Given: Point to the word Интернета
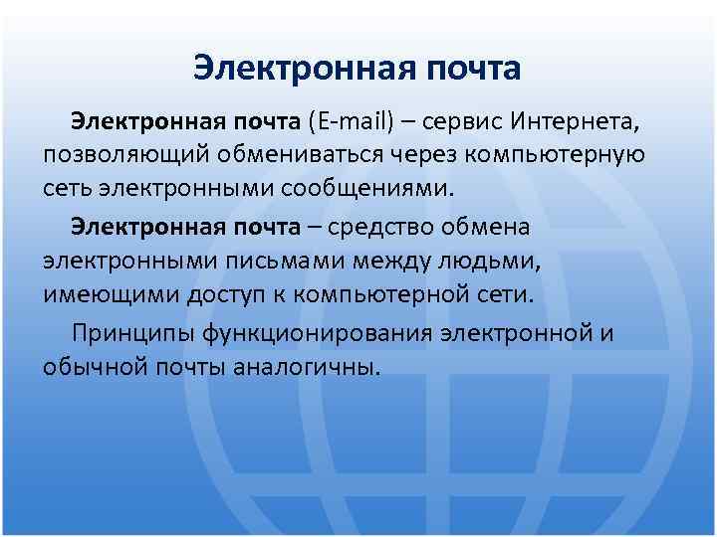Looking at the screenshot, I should point(578,121).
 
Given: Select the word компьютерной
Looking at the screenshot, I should point(396,295).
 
